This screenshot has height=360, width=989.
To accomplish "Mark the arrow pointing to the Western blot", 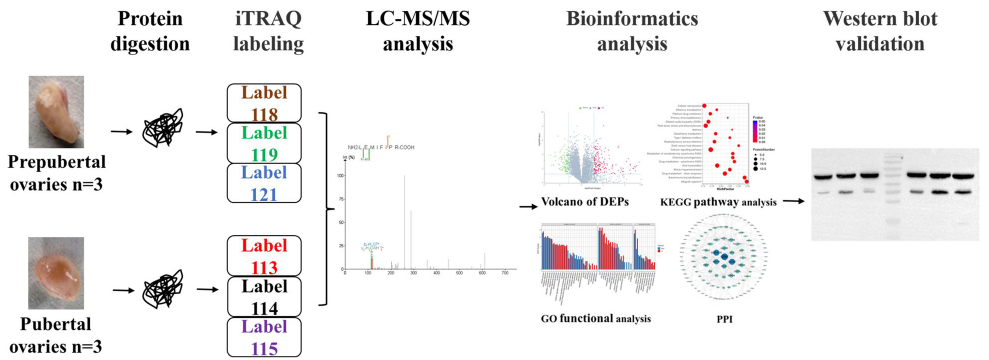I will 796,200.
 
